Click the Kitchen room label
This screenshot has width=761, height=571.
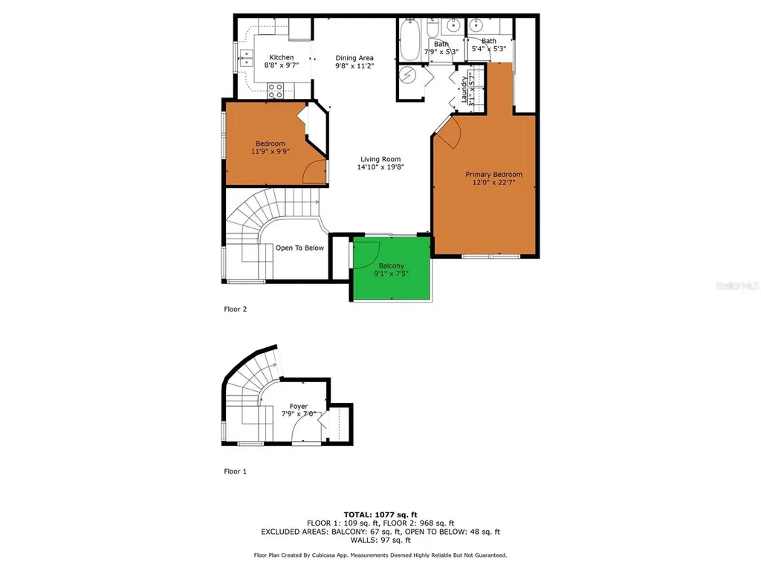pyautogui.click(x=281, y=57)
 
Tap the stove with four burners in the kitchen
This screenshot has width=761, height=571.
pyautogui.click(x=275, y=91)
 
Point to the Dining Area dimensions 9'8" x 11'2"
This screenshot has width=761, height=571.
pyautogui.click(x=354, y=66)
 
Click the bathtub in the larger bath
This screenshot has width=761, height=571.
pyautogui.click(x=409, y=41)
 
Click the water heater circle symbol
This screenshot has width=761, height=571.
pyautogui.click(x=407, y=76)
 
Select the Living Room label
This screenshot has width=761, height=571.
pyautogui.click(x=380, y=159)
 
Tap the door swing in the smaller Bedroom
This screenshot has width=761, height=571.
pyautogui.click(x=315, y=170)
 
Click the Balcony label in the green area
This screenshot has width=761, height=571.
pyautogui.click(x=392, y=265)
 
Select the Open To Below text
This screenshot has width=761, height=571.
pyautogui.click(x=299, y=248)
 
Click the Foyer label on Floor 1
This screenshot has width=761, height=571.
pyautogui.click(x=299, y=406)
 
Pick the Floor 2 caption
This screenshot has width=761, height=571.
pyautogui.click(x=235, y=309)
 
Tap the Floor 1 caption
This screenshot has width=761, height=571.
pyautogui.click(x=235, y=471)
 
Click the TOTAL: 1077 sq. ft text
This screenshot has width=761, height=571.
pyautogui.click(x=380, y=514)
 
